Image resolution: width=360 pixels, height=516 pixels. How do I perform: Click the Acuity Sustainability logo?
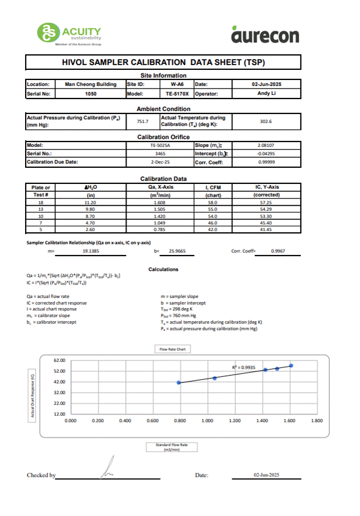coord(69,33)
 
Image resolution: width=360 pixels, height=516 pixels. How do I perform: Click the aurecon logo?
coord(264,35)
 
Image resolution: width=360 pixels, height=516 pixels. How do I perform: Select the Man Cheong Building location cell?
coord(90,85)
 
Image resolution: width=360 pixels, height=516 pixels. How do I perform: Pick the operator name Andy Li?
coord(266,94)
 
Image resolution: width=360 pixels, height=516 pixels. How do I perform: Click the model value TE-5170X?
coord(177,94)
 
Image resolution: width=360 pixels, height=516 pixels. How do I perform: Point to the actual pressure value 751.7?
coord(142,121)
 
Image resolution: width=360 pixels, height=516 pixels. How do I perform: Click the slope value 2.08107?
coord(266,145)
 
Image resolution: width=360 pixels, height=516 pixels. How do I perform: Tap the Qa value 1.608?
coord(160,204)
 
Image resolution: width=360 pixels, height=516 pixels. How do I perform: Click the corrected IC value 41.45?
coord(266,230)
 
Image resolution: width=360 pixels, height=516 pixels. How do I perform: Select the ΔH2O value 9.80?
coord(91,210)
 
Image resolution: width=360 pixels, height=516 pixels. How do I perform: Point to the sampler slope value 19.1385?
coord(90,252)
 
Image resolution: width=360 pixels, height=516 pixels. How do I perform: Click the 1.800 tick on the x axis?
coord(317,420)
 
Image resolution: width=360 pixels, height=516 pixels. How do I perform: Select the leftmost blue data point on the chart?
coord(179,382)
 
